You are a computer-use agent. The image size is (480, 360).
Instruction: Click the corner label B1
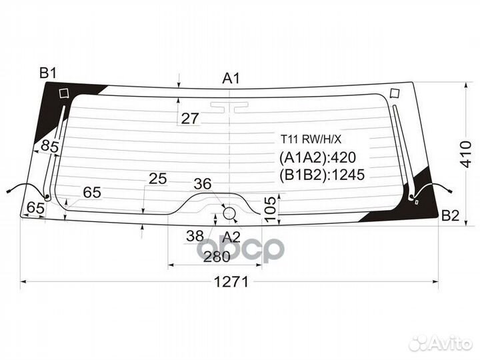pos(48,73)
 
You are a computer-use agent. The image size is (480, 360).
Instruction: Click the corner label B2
pos(450,215)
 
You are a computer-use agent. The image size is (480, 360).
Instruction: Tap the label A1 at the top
pos(231,79)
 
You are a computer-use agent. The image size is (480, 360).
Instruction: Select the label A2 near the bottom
pos(231,235)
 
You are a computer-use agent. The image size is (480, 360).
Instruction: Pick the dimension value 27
pos(190,119)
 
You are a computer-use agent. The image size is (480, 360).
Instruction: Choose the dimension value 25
pos(158,179)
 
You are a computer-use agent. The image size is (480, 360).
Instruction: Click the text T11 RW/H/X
pos(310,139)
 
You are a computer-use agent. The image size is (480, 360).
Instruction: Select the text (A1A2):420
pos(318,157)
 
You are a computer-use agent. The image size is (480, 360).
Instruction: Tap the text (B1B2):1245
pos(323,175)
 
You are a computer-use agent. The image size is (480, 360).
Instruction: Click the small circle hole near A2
pos(229,213)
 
